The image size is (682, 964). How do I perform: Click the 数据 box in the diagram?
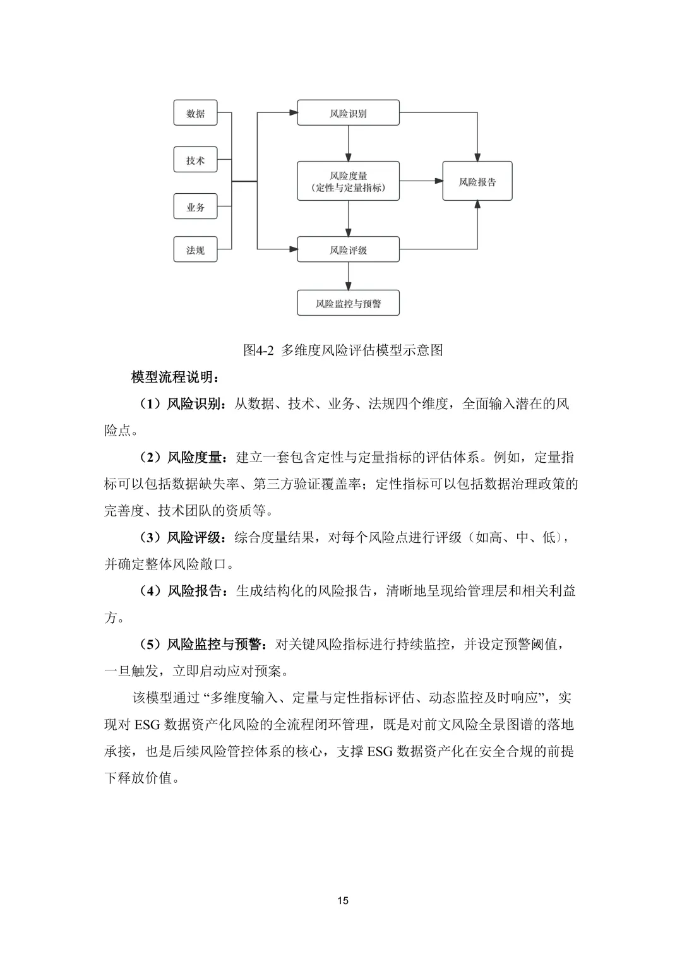tap(195, 114)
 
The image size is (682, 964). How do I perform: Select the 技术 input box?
tap(195, 160)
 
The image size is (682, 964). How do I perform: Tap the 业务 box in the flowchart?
tap(195, 207)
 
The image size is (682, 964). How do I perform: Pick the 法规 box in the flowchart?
tap(195, 250)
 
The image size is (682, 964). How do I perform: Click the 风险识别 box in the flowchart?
tap(348, 114)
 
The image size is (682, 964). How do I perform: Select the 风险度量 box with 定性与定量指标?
tap(348, 181)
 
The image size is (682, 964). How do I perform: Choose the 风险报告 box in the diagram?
tap(477, 182)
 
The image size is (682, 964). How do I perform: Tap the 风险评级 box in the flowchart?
tap(348, 250)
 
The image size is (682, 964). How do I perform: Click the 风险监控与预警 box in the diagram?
tap(348, 304)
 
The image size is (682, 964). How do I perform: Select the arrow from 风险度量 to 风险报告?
tap(421, 181)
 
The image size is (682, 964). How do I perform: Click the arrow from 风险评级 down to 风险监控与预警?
tap(348, 276)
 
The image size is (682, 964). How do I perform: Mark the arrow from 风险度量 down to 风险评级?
tap(348, 218)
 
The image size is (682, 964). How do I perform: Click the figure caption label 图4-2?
tap(258, 350)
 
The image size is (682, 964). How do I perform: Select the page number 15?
tap(343, 900)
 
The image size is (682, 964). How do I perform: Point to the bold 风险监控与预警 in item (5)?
tap(213, 645)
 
